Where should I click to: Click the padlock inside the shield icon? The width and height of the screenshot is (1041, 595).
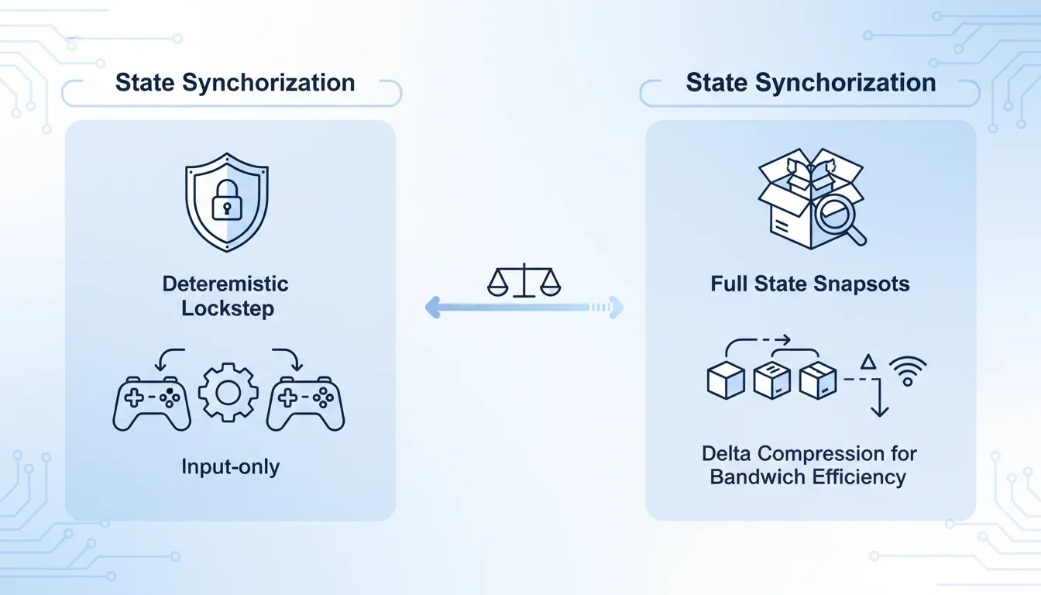(227, 202)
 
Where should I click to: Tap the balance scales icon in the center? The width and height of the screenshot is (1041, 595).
(524, 280)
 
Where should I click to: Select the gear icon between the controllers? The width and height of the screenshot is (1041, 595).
(228, 394)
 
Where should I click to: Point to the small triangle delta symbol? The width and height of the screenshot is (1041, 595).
(868, 362)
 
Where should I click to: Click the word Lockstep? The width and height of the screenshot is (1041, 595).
(228, 308)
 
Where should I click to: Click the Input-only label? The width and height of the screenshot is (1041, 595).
(230, 466)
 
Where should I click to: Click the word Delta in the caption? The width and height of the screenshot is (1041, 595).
(728, 452)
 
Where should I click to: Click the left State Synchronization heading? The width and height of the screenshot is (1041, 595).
(235, 83)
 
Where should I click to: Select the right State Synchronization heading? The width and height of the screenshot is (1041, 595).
(811, 83)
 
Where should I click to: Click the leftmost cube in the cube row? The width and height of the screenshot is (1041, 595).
(726, 380)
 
